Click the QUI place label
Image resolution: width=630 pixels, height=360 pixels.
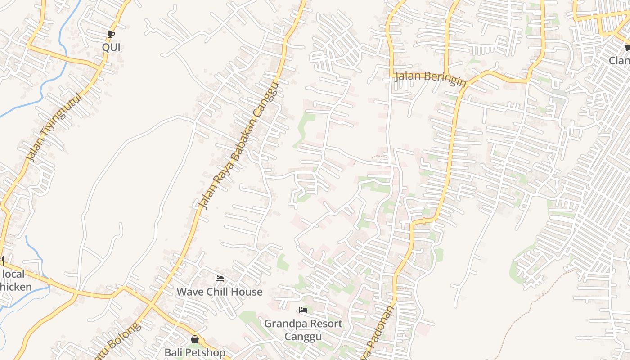coord(111,47)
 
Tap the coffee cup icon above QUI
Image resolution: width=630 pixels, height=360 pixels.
coord(111,34)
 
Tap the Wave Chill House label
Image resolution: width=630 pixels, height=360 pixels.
coord(219,292)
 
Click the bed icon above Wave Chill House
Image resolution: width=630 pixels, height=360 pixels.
coord(220,279)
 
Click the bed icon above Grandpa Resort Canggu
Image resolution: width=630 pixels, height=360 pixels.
coord(303,310)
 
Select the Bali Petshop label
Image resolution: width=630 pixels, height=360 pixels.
coord(195,352)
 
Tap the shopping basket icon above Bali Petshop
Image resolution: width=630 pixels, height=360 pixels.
coord(195,339)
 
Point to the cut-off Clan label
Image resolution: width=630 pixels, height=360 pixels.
coord(620,60)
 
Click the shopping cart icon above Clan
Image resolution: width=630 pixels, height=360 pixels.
coord(627,47)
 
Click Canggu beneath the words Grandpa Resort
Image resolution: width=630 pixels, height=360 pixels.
coord(303,337)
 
